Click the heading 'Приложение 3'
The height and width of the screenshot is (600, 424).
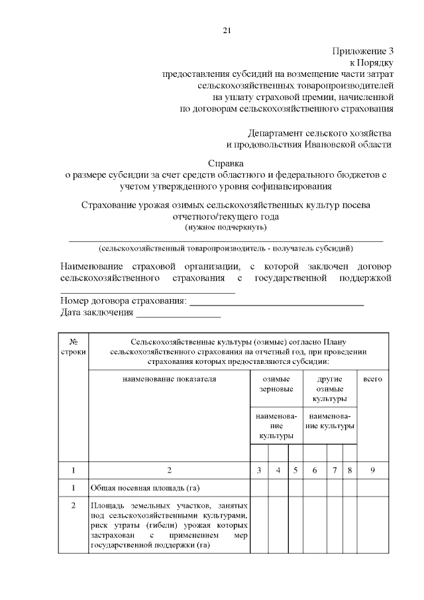point(363,50)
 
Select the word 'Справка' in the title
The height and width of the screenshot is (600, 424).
point(226,162)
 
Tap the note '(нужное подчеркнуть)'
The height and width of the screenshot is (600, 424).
point(226,227)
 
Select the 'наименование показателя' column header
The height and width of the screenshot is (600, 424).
point(169,379)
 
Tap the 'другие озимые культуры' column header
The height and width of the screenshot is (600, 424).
point(329,389)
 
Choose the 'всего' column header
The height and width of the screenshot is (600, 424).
point(373,379)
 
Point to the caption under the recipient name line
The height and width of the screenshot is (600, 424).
point(226,249)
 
